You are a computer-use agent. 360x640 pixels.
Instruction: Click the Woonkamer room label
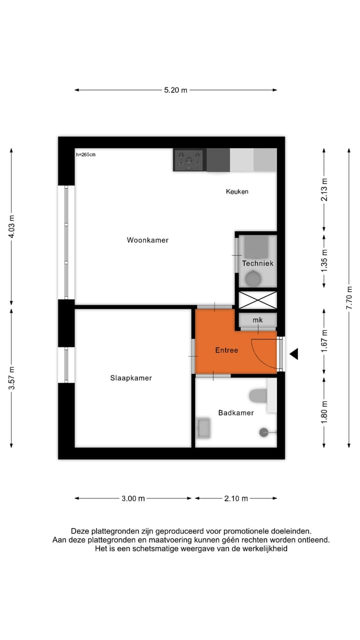click(147, 240)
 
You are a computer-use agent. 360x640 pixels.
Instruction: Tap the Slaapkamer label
click(131, 378)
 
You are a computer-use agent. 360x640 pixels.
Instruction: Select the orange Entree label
click(226, 350)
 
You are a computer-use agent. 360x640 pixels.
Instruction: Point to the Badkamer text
click(236, 412)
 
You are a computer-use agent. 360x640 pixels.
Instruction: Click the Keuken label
click(237, 191)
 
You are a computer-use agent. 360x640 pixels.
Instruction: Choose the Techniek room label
click(257, 263)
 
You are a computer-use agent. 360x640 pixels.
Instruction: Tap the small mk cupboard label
click(257, 320)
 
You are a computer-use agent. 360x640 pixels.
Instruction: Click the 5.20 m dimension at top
click(175, 90)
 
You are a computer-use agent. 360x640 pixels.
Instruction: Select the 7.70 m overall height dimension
click(349, 297)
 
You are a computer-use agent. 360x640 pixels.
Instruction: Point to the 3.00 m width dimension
click(133, 498)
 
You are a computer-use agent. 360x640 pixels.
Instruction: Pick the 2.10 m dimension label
click(235, 498)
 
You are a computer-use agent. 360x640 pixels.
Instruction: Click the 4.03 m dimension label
click(11, 226)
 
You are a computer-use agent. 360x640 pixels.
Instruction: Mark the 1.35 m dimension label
click(324, 261)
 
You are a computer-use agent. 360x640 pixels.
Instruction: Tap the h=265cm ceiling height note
click(85, 154)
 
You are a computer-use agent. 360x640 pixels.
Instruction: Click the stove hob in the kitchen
click(189, 160)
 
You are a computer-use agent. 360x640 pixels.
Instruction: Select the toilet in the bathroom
click(258, 395)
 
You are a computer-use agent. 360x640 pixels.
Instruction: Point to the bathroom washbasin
click(203, 428)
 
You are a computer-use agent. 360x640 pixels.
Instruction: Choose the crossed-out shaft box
click(257, 300)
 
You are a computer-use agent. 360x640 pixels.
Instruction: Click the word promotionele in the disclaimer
click(244, 531)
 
